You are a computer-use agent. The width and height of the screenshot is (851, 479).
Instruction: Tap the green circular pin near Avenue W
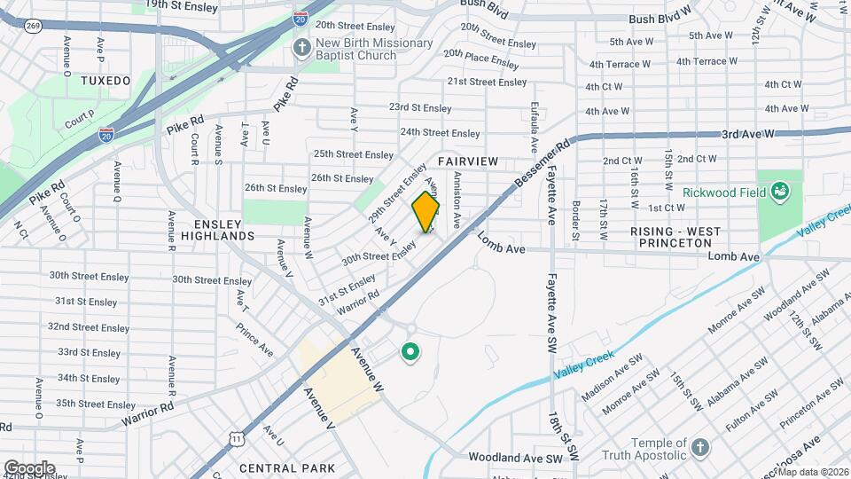tap(410, 353)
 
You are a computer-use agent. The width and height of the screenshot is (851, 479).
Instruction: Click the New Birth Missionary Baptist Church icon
tap(302, 48)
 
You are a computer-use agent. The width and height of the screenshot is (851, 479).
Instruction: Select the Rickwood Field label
tap(720, 192)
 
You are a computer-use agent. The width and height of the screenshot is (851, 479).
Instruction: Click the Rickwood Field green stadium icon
tap(779, 191)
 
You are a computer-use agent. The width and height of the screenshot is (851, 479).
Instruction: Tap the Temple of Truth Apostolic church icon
tap(699, 446)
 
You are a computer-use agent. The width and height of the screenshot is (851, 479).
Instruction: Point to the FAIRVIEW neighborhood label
tap(468, 161)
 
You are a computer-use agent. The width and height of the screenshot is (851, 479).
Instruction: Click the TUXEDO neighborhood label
tap(105, 81)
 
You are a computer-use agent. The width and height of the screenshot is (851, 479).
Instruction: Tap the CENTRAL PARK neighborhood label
tap(286, 467)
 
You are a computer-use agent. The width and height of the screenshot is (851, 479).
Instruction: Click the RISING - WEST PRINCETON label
tap(688, 238)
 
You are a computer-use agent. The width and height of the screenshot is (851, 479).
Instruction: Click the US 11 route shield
tap(235, 438)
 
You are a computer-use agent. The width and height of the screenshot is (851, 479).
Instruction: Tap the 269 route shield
tap(34, 27)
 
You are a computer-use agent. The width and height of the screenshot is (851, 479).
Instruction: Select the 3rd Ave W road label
tap(748, 133)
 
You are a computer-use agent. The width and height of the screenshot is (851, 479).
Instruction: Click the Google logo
tap(29, 467)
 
